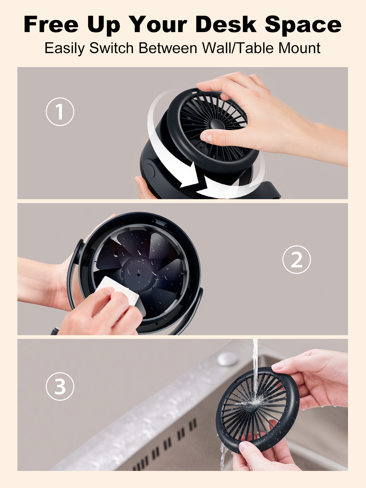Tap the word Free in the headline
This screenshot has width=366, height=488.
[x=51, y=24]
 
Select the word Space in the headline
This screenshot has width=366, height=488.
[x=303, y=24]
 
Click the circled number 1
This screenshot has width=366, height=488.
[x=60, y=112]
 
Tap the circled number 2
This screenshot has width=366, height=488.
[x=296, y=260]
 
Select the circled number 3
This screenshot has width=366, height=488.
[x=60, y=386]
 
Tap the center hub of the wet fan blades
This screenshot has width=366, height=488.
[x=139, y=273]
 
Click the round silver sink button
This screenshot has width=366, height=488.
[x=227, y=359]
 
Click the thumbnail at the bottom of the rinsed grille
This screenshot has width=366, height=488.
[x=244, y=445]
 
